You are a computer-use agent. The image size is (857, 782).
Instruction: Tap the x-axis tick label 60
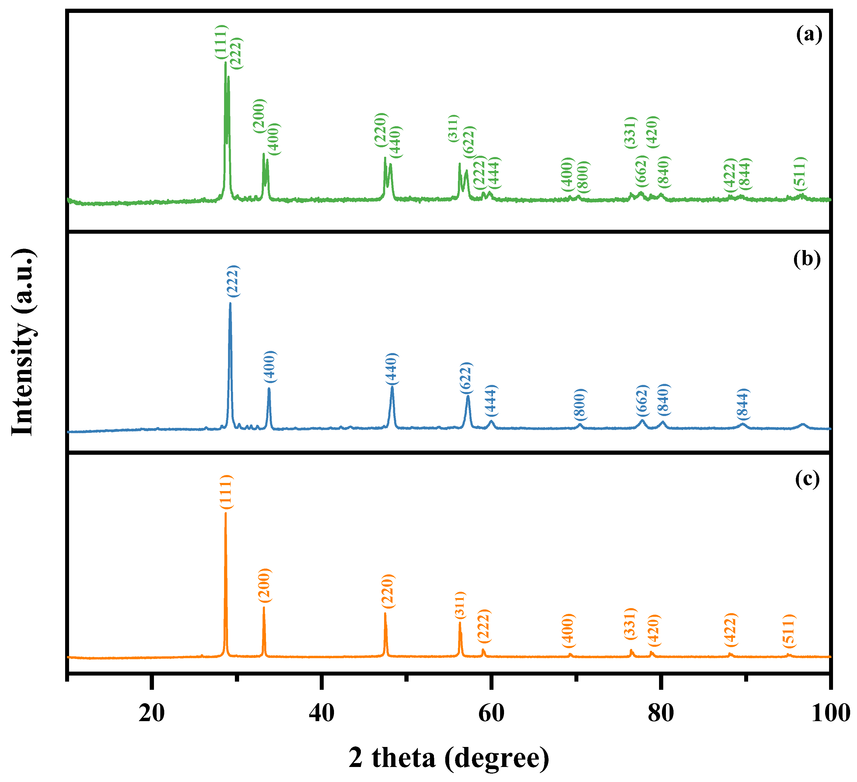[491, 712]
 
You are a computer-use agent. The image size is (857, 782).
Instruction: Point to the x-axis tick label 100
[830, 712]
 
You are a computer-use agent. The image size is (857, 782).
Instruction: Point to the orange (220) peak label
[388, 591]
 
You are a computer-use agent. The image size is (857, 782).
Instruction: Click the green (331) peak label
[630, 133]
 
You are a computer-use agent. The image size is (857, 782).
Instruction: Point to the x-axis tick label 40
[321, 712]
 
